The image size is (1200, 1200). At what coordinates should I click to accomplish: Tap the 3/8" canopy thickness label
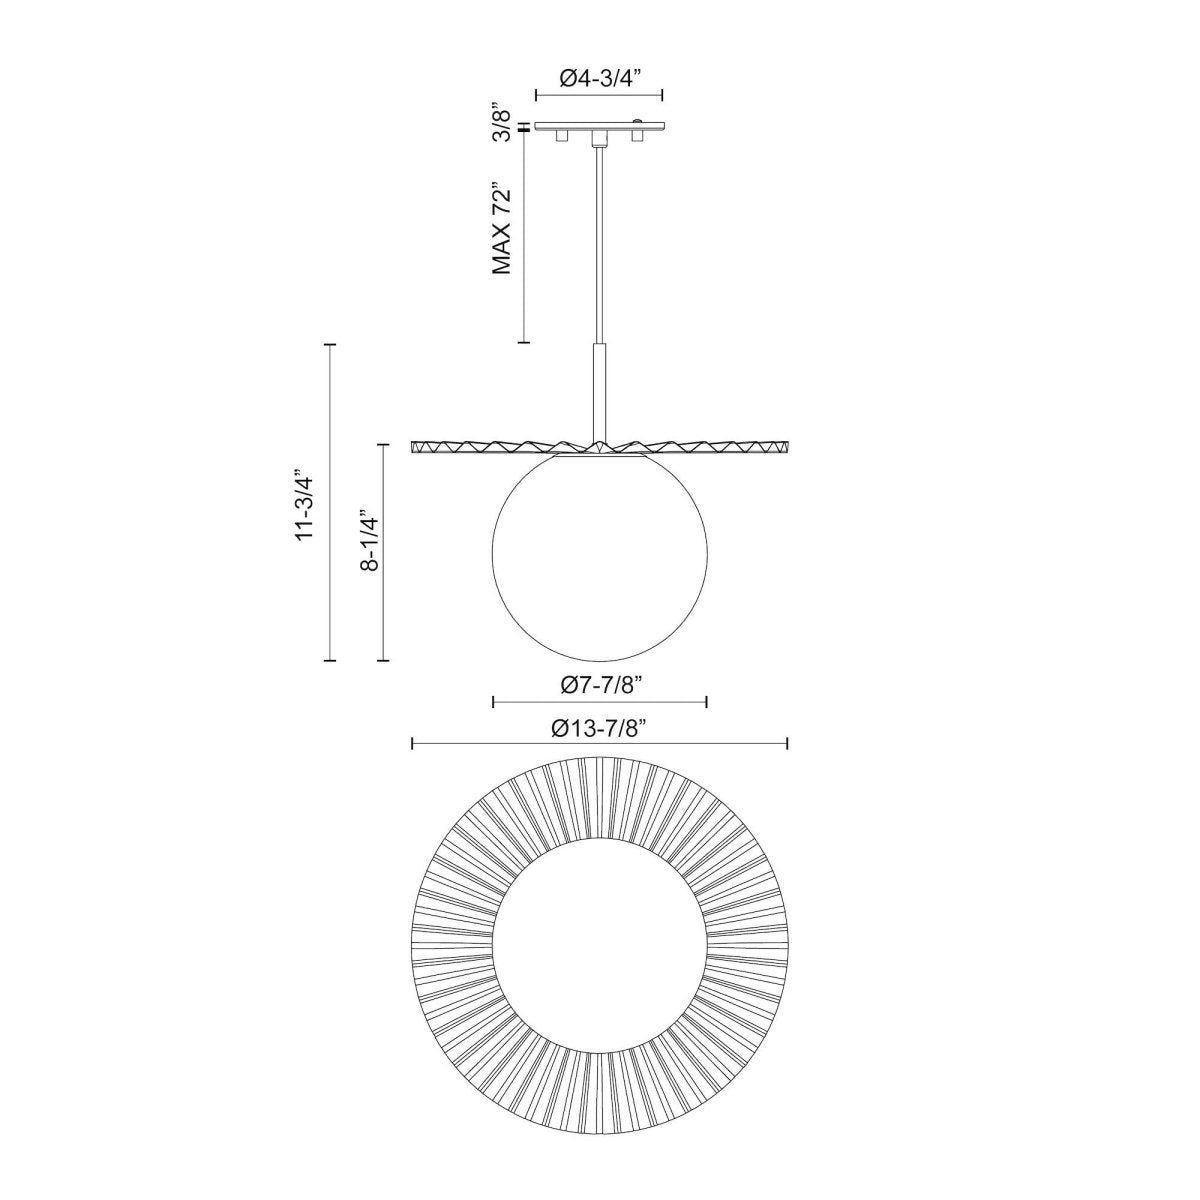click(506, 126)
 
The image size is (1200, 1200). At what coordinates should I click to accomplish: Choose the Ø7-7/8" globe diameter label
click(599, 685)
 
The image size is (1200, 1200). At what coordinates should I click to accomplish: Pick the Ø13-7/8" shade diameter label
click(599, 727)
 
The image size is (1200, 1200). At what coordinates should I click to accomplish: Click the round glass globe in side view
click(600, 560)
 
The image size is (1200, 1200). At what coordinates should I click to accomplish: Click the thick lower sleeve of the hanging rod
click(599, 390)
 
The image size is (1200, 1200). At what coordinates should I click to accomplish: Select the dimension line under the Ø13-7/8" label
click(600, 743)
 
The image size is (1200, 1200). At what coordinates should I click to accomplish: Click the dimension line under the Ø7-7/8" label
click(600, 701)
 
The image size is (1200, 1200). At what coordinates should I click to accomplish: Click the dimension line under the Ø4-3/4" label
click(599, 95)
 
